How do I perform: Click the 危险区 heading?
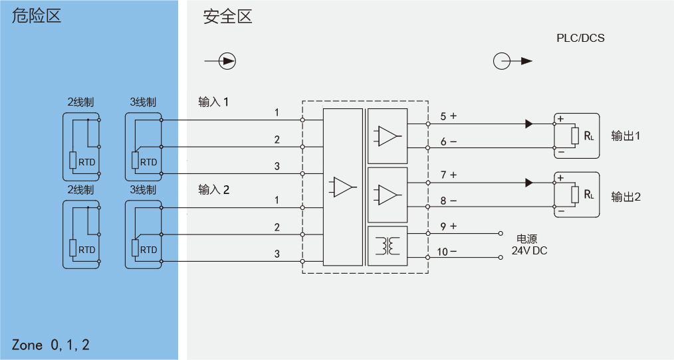coord(37,16)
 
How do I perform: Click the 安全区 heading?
coord(227,17)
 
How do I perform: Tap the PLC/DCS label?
coord(580,39)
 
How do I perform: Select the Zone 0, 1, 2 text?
coord(51,345)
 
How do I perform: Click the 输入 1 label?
coord(213,102)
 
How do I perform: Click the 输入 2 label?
coord(213,189)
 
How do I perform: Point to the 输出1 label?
coord(626,135)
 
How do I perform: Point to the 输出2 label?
coord(626,197)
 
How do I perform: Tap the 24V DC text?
coord(529,250)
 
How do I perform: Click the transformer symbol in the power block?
coord(388,246)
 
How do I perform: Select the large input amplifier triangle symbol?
coord(342,187)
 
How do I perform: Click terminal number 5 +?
coord(448,116)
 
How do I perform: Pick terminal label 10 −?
coord(447,252)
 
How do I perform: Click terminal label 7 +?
coord(448,175)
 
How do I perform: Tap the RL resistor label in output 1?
coord(588,136)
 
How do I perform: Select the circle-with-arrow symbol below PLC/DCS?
coord(512,61)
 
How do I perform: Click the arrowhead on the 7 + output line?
coord(529,183)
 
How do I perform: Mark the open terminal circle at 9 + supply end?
coord(501,233)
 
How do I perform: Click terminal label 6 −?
coord(448,141)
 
